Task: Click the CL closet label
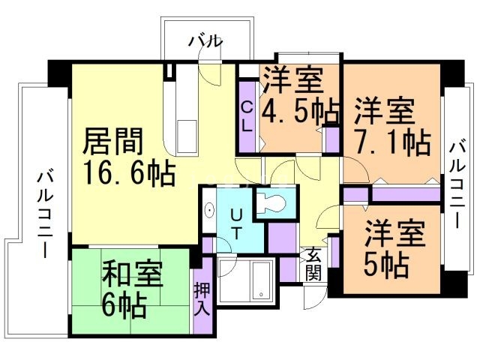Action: point(247,116)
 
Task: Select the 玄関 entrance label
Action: point(314,263)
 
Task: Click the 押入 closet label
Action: point(202,298)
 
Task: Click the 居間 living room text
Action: point(112,140)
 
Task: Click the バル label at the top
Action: point(205,42)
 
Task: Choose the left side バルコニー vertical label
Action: point(44,214)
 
